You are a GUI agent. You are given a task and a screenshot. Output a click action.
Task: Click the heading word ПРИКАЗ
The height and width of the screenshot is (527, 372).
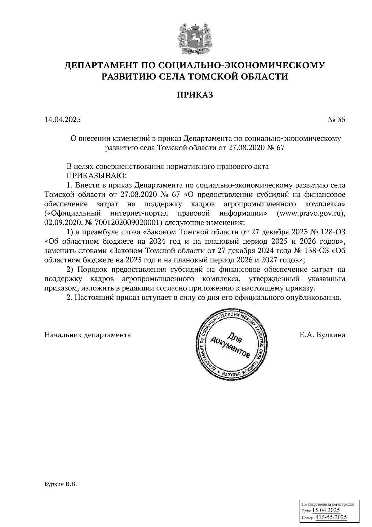click(x=195, y=95)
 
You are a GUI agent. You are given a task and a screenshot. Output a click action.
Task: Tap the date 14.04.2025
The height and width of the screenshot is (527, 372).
click(x=63, y=119)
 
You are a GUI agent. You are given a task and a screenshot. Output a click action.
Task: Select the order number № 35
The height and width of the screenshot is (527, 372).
click(x=336, y=119)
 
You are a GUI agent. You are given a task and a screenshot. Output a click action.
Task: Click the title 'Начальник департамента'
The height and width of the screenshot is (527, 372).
click(x=88, y=335)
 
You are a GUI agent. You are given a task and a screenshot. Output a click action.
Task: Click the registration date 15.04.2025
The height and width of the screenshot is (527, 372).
click(x=326, y=510)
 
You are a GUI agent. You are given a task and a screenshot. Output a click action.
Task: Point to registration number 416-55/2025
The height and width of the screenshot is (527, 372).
click(x=331, y=517)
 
